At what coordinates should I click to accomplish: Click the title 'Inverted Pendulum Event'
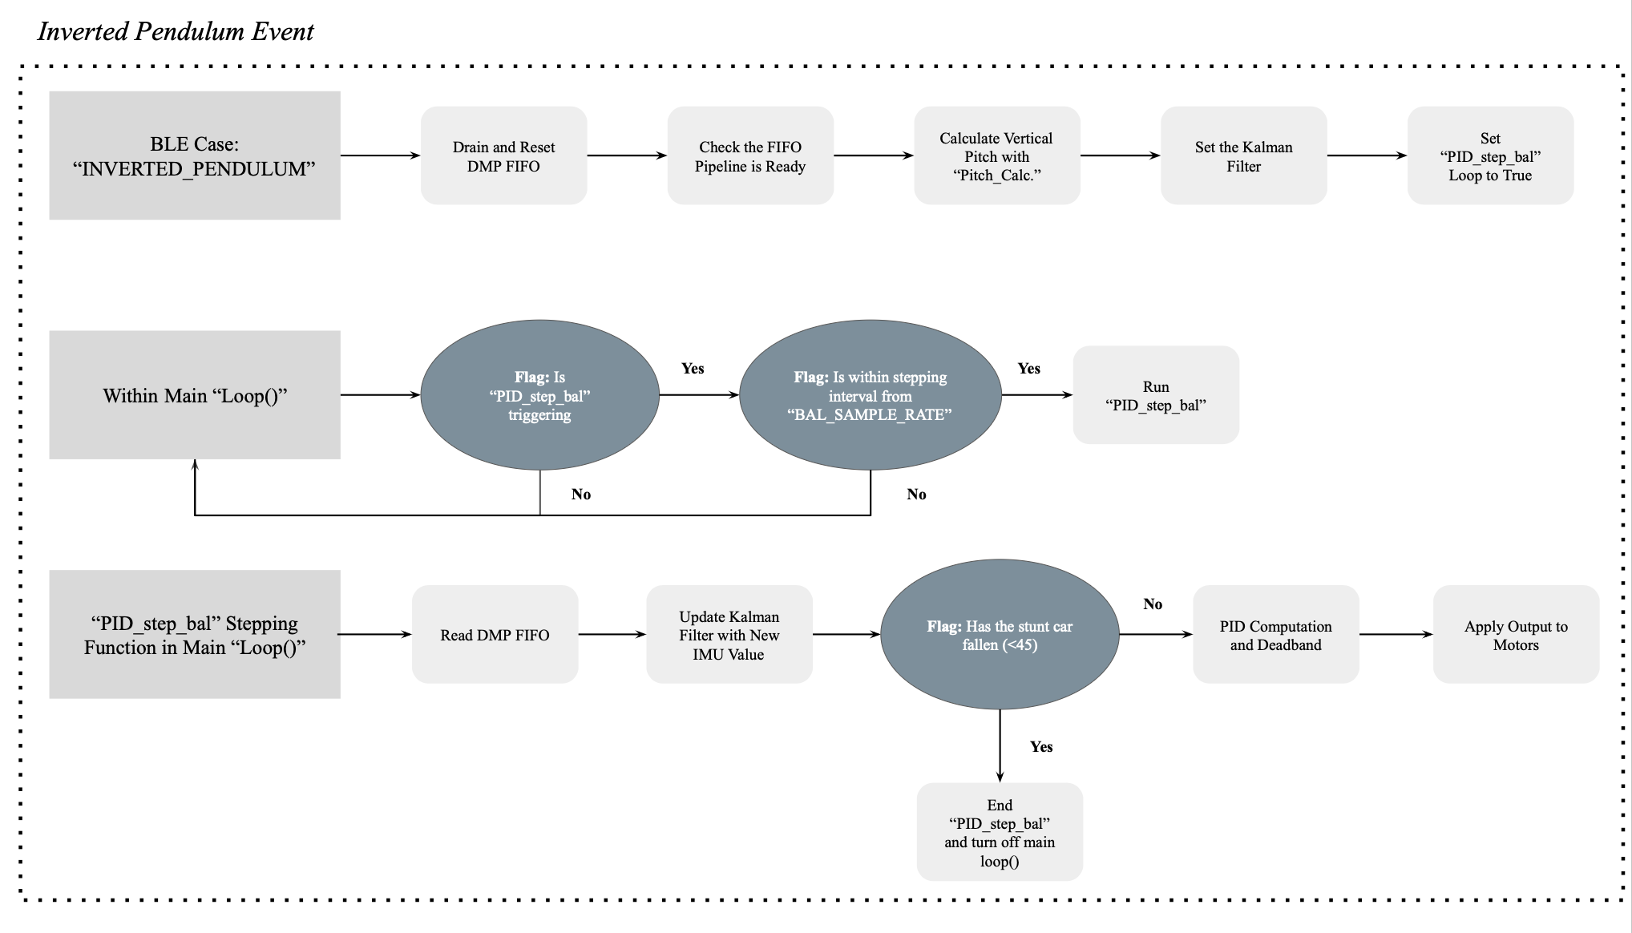[176, 32]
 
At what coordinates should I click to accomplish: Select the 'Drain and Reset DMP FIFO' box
[504, 155]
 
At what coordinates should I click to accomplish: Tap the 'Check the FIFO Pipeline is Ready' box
[750, 155]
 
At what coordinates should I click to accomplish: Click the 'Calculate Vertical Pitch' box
[997, 155]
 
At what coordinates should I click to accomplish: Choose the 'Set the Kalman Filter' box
[1244, 155]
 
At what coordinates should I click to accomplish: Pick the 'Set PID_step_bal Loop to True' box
[1491, 155]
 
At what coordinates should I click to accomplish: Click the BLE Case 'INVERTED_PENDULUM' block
[195, 155]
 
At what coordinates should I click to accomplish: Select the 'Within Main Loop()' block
[195, 395]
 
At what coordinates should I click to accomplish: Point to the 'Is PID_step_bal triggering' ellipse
[540, 395]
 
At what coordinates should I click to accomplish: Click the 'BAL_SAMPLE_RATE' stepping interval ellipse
[871, 395]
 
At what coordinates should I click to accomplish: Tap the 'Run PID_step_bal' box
[1156, 395]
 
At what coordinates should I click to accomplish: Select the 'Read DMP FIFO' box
[495, 635]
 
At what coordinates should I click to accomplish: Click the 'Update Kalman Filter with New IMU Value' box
[729, 635]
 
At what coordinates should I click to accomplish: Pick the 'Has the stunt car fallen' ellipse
[1000, 635]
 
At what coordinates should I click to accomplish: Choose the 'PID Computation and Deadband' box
[1276, 635]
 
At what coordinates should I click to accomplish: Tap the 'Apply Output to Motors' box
[1517, 635]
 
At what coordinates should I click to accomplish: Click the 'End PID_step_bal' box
[1000, 832]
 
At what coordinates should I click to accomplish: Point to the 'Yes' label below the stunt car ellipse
[1041, 747]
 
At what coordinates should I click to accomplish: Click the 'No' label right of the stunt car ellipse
[1153, 604]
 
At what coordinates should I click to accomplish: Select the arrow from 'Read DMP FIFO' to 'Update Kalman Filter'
[612, 635]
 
